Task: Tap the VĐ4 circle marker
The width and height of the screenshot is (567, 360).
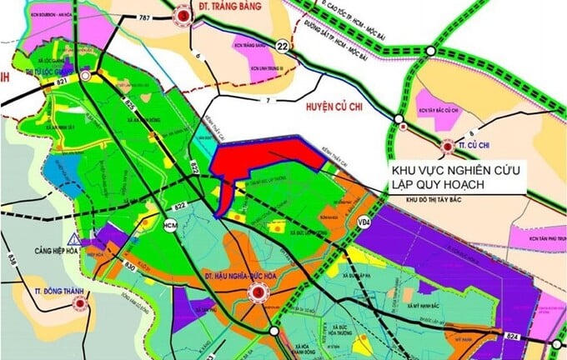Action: [x=364, y=223]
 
